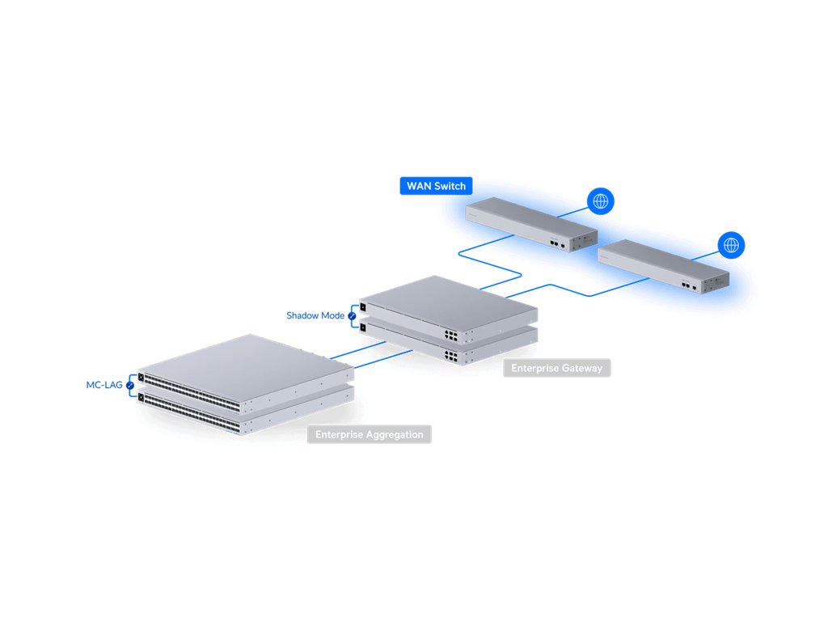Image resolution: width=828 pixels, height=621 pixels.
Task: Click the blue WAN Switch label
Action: click(437, 186)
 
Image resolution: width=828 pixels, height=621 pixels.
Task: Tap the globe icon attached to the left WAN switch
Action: click(600, 201)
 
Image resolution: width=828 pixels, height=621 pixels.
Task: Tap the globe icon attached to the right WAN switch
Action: click(731, 244)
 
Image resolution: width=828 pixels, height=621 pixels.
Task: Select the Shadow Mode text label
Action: click(315, 315)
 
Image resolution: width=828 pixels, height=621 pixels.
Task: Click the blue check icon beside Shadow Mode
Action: click(352, 316)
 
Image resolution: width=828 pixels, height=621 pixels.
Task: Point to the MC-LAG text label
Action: click(104, 385)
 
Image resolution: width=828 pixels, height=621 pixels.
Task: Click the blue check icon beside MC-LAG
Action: click(129, 386)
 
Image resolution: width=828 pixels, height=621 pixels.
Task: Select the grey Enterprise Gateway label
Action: click(556, 368)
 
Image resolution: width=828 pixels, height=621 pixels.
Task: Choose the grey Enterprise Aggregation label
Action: click(369, 434)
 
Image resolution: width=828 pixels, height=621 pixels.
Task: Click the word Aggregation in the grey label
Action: click(394, 434)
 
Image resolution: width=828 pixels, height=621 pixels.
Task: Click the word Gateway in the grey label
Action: click(581, 368)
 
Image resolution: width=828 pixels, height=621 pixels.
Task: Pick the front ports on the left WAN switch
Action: click(556, 242)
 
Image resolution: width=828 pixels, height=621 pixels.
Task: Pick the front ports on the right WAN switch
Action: click(688, 285)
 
